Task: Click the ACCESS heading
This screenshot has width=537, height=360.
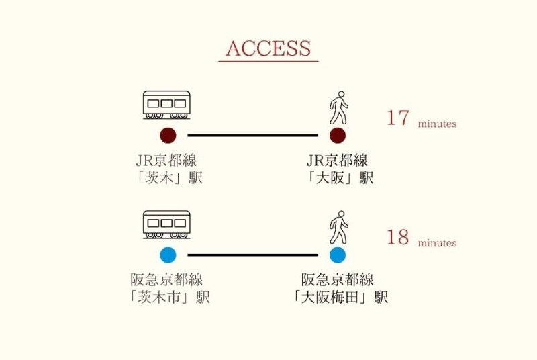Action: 268,48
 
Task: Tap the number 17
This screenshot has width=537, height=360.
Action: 397,118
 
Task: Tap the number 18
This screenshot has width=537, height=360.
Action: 397,238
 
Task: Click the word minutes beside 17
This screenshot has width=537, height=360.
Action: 437,124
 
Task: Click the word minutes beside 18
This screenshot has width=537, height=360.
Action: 437,243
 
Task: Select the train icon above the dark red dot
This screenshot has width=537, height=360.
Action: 166,105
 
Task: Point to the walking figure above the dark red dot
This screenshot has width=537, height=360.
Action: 338,107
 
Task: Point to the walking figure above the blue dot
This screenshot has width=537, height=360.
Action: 338,227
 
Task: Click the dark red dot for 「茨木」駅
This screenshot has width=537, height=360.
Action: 168,136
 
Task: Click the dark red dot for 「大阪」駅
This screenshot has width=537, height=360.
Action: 338,136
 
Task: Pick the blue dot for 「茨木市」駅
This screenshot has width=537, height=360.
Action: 168,255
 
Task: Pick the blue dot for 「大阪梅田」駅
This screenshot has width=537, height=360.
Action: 338,255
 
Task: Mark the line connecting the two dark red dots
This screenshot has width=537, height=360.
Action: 252,136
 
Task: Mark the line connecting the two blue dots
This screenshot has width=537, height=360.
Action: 252,255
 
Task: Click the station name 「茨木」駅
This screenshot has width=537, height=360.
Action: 168,178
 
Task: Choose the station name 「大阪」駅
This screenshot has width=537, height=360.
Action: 338,178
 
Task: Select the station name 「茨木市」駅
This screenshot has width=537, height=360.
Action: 168,297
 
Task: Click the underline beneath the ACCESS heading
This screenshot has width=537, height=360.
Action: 268,62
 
